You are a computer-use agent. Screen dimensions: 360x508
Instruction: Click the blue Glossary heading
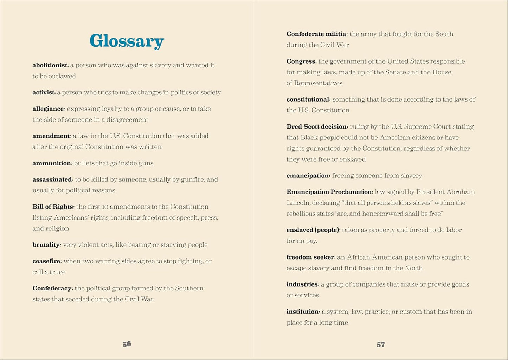[x=127, y=41]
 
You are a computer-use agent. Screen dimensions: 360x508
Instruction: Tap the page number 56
[x=127, y=344]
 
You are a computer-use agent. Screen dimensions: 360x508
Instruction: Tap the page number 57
[x=381, y=345]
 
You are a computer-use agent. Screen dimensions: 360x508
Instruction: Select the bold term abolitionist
[x=50, y=65]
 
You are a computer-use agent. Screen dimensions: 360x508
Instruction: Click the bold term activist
[x=44, y=93]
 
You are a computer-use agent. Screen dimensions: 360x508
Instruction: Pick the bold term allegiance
[x=49, y=109]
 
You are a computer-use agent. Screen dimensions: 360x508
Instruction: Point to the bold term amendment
[x=51, y=136]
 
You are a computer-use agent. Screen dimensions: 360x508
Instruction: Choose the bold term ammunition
[x=52, y=163]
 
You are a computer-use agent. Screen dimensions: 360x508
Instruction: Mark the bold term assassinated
[x=52, y=180]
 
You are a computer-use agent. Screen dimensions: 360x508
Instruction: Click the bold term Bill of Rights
[x=53, y=207]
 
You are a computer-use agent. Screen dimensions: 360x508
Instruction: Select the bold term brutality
[x=46, y=245]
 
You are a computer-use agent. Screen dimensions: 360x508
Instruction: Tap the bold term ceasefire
[x=47, y=261]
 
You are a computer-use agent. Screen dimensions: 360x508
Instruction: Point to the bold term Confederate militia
[x=316, y=34]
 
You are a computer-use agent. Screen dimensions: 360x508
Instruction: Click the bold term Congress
[x=301, y=61]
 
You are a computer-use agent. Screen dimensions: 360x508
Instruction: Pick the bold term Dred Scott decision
[x=317, y=127]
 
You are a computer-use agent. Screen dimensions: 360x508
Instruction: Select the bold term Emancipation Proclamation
[x=329, y=192]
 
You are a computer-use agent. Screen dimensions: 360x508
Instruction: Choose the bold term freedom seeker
[x=310, y=257]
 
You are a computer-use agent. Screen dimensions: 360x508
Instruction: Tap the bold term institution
[x=303, y=312]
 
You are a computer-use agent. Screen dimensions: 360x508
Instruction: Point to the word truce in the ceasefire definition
[x=58, y=272]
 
